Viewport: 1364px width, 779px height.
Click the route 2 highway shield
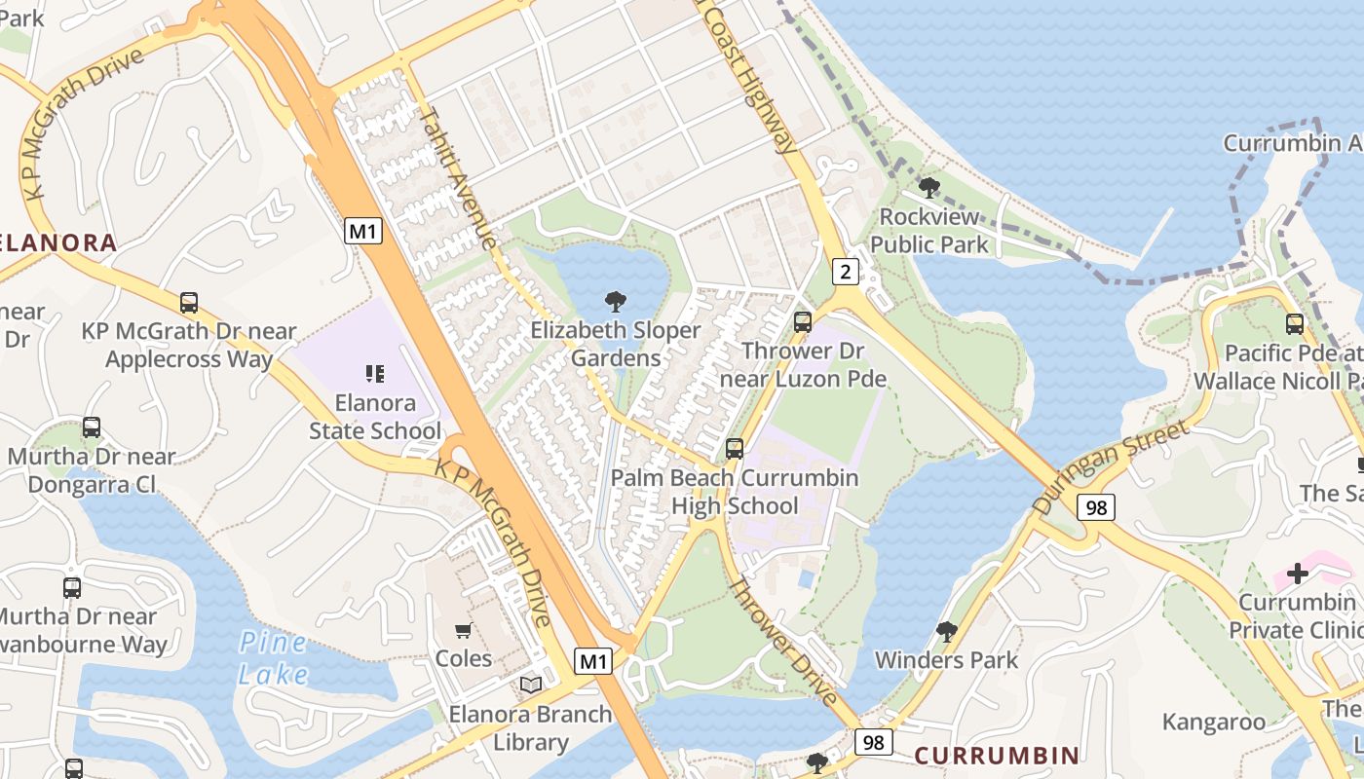846,272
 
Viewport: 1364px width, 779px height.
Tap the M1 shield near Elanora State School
363,231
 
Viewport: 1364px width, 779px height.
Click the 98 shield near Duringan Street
1096,506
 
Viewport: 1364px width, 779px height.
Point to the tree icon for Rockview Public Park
929,187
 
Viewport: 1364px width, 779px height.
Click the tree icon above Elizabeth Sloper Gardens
615,301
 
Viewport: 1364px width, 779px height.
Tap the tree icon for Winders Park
946,632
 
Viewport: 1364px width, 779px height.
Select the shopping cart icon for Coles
464,630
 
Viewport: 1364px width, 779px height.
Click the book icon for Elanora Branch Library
531,686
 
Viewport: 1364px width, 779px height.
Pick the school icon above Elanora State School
375,373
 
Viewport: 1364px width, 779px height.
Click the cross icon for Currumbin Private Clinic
1297,574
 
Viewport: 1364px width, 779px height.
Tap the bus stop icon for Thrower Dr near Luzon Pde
803,321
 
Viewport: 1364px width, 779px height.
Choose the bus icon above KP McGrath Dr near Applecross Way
189,303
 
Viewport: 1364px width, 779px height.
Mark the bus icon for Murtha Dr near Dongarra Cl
92,427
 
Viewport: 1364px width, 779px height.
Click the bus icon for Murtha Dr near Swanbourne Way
72,587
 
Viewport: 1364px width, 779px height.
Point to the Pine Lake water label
274,658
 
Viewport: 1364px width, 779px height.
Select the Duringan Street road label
1111,467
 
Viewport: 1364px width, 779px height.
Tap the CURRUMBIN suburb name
997,756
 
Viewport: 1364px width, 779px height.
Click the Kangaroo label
1213,722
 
